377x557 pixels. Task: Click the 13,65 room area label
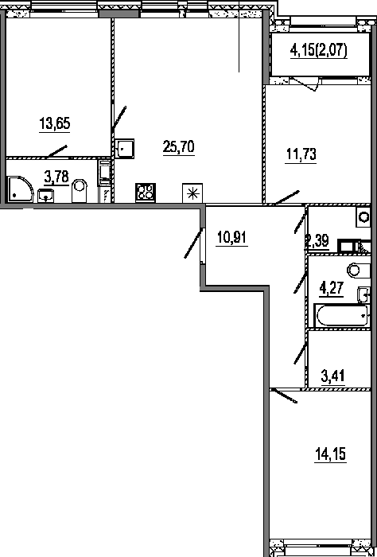tap(55, 124)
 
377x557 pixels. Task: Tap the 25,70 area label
tap(179, 147)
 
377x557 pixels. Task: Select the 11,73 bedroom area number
tap(301, 155)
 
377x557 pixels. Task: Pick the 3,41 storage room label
tap(333, 376)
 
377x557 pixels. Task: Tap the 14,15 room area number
tap(330, 454)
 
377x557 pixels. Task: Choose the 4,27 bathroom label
tap(332, 288)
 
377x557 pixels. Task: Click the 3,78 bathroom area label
tap(56, 177)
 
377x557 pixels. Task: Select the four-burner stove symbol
tap(146, 193)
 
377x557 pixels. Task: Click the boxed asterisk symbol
tap(192, 193)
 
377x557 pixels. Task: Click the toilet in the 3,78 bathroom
tap(80, 191)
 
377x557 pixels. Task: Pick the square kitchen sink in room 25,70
tap(125, 148)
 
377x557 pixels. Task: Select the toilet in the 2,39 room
tap(363, 216)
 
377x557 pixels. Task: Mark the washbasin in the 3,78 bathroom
tap(46, 196)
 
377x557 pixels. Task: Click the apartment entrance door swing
tap(194, 243)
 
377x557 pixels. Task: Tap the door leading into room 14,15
tap(283, 395)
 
